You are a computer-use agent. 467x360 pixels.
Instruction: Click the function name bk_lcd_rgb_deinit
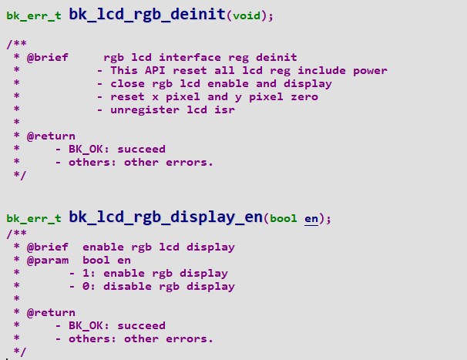pos(147,15)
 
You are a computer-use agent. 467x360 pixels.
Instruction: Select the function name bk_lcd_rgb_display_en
pos(166,217)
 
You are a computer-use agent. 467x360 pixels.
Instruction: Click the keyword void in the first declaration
pos(247,15)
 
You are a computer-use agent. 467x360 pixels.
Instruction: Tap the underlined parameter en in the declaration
pos(311,218)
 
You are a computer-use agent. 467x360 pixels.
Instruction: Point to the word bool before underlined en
pos(284,218)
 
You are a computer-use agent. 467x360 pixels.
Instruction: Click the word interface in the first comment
pos(190,57)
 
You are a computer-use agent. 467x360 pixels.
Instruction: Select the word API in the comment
pos(155,70)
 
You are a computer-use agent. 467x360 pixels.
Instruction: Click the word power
pos(370,71)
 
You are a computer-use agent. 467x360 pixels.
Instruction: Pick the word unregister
pos(145,110)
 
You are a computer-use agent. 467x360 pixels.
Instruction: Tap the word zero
pos(304,97)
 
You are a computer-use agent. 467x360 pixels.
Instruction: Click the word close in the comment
pos(127,83)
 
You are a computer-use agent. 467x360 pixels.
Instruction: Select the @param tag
pos(48,261)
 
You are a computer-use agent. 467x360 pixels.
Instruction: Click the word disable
pos(127,286)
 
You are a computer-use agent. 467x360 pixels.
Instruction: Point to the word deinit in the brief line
pos(277,57)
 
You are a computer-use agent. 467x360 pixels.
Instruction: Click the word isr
pos(224,110)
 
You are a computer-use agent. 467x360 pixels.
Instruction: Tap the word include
pos(321,70)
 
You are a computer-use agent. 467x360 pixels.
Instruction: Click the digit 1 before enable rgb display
pos(86,273)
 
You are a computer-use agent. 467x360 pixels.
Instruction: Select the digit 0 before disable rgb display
pos(86,286)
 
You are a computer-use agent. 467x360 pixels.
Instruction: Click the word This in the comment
pos(124,70)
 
